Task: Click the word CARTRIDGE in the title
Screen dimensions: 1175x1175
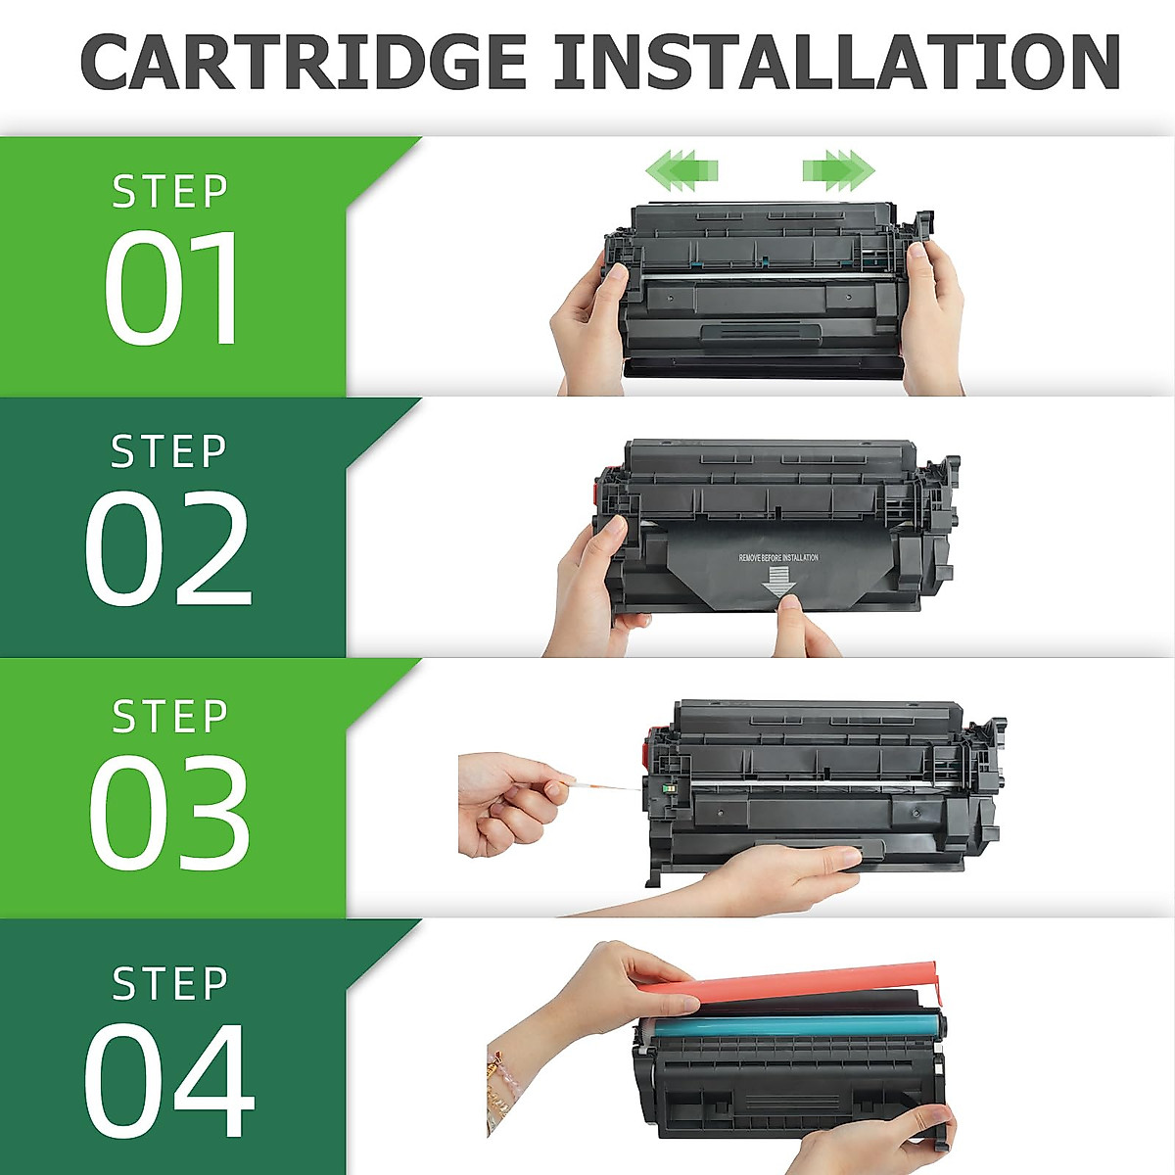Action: point(304,63)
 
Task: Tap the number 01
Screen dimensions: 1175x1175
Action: point(172,288)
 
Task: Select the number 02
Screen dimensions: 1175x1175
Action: point(168,548)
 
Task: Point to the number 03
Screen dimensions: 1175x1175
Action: point(168,813)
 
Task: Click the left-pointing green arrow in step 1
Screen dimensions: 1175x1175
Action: point(681,169)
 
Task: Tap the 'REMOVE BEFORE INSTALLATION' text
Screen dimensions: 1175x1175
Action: point(778,558)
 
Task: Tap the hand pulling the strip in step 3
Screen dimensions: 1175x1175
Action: point(509,798)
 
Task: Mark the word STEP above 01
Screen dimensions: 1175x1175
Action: point(170,192)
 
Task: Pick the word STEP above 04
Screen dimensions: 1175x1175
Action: point(170,983)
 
